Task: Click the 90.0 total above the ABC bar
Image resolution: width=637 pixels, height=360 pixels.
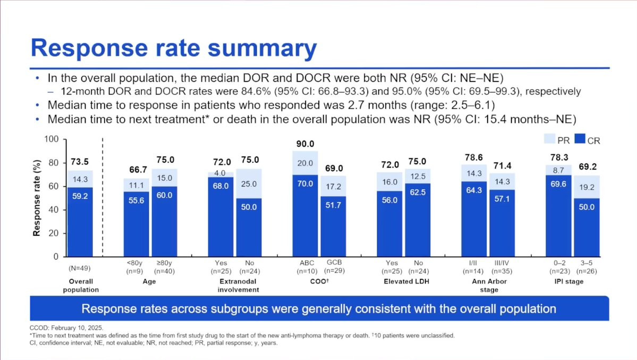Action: (305, 144)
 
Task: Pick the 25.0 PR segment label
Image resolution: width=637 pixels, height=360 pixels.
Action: (249, 183)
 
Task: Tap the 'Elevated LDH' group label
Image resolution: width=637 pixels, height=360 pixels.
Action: (406, 282)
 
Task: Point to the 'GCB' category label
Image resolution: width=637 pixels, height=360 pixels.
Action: (334, 262)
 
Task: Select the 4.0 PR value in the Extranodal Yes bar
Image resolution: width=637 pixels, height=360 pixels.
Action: (220, 173)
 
